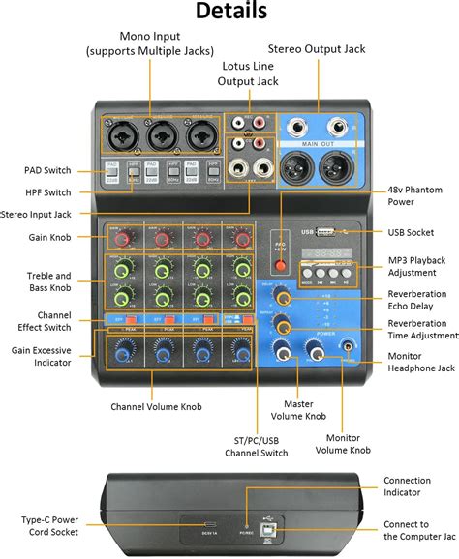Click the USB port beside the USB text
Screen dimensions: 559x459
(x=327, y=231)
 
